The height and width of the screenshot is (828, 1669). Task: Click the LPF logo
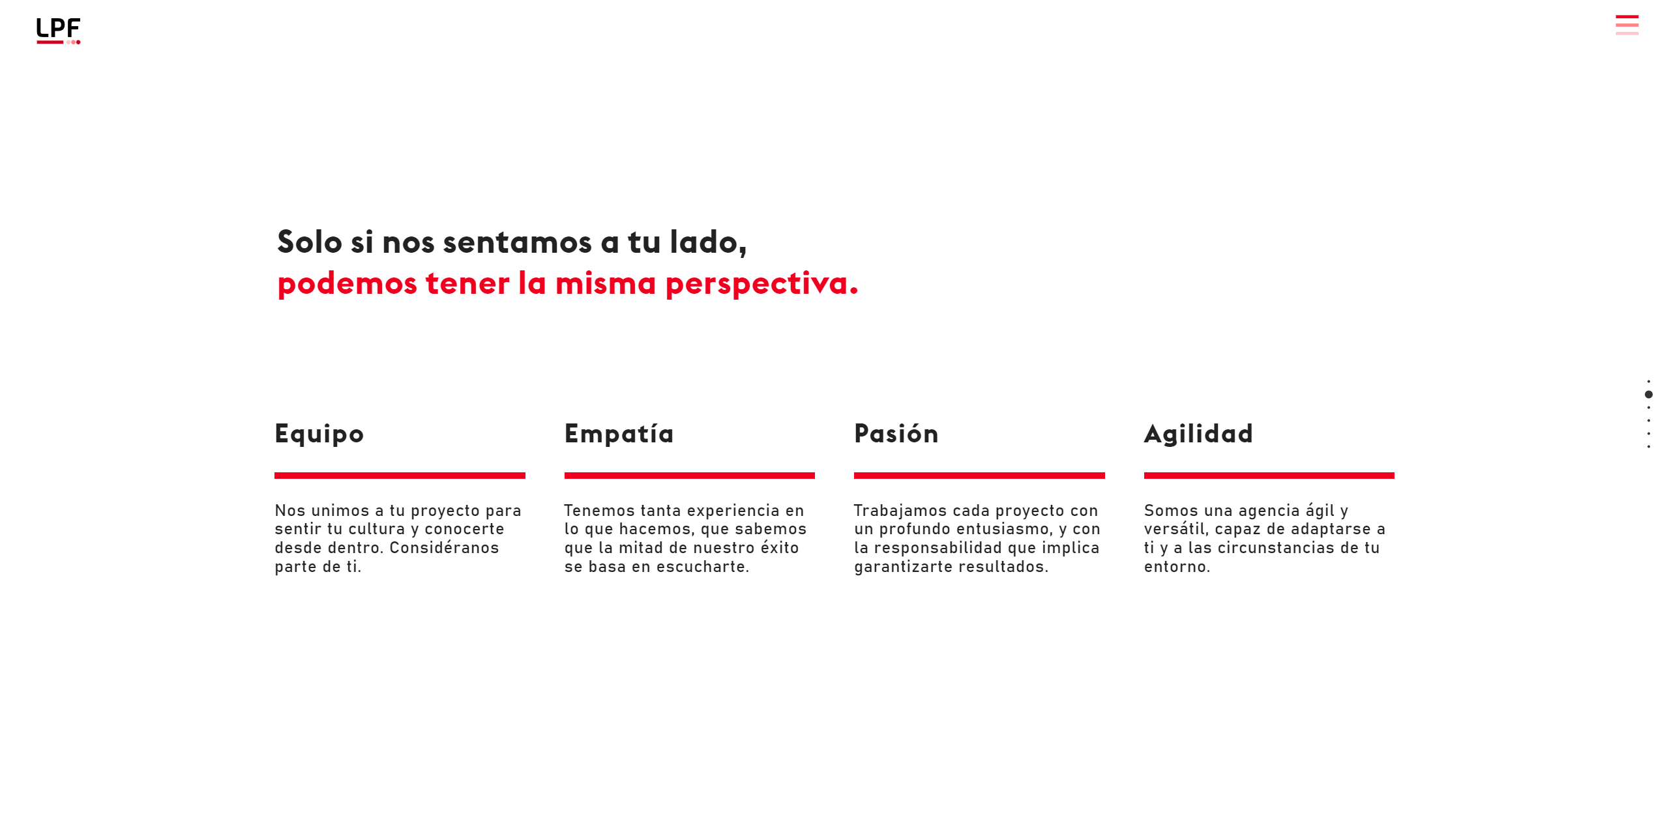(58, 31)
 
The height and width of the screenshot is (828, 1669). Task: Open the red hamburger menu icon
(1627, 25)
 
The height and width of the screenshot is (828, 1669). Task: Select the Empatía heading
(619, 433)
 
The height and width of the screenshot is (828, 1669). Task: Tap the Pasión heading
(896, 433)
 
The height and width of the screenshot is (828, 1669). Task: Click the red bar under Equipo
(400, 476)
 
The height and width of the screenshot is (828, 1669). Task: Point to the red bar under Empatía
(690, 476)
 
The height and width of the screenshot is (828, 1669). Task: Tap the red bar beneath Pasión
(979, 476)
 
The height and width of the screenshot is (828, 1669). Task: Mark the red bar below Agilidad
(1269, 476)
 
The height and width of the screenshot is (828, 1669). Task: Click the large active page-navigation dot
(1649, 394)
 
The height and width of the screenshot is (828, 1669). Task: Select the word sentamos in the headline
(517, 242)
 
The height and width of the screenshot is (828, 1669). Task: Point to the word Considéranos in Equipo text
(444, 547)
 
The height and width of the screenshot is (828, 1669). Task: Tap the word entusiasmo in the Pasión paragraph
(1005, 529)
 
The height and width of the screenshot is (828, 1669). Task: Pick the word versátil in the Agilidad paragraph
(1176, 529)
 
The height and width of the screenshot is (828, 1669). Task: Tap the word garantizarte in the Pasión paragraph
(904, 567)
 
